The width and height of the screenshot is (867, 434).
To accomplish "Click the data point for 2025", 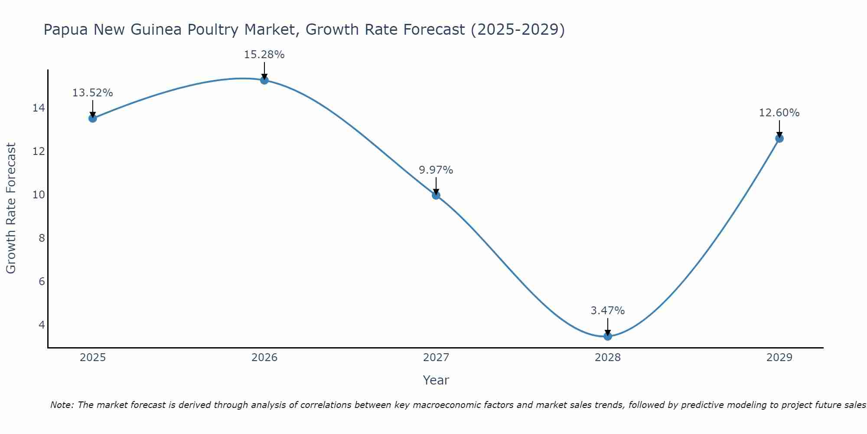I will pyautogui.click(x=93, y=118).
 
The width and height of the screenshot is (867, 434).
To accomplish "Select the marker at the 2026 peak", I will pyautogui.click(x=264, y=80).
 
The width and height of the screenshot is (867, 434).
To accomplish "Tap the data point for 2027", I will pyautogui.click(x=436, y=195).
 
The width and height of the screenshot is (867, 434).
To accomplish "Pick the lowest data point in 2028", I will pyautogui.click(x=608, y=336).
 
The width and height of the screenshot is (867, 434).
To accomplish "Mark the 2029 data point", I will pyautogui.click(x=779, y=138).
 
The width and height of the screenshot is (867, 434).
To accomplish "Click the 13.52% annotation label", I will pyautogui.click(x=92, y=93).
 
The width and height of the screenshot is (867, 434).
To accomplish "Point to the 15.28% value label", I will pyautogui.click(x=264, y=55).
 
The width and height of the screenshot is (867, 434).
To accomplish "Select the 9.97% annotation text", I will pyautogui.click(x=436, y=170).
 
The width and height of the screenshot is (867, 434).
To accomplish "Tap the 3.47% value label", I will pyautogui.click(x=608, y=311).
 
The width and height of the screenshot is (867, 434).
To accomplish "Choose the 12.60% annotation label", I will pyautogui.click(x=779, y=113).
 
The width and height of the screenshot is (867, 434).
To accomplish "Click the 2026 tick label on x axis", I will pyautogui.click(x=264, y=358).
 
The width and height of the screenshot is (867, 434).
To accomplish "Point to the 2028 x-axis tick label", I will pyautogui.click(x=608, y=358).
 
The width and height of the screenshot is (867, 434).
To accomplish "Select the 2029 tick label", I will pyautogui.click(x=779, y=358).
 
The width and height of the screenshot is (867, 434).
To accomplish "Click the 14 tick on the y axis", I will pyautogui.click(x=39, y=108).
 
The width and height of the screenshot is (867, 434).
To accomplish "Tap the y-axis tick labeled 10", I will pyautogui.click(x=39, y=195).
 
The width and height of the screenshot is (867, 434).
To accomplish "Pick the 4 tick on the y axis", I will pyautogui.click(x=42, y=325).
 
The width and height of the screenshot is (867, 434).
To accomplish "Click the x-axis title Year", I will pyautogui.click(x=436, y=380).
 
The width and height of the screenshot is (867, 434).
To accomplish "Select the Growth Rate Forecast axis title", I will pyautogui.click(x=11, y=208).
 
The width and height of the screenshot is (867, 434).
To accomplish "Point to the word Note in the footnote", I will pyautogui.click(x=62, y=405).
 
